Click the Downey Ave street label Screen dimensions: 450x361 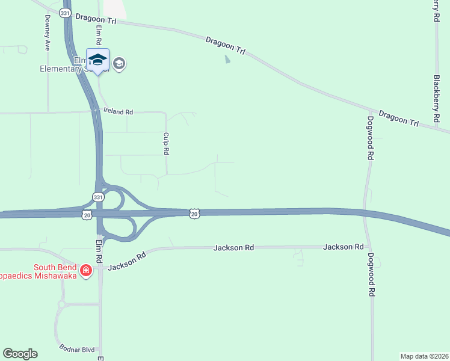pyautogui.click(x=46, y=32)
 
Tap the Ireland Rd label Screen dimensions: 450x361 pyautogui.click(x=118, y=112)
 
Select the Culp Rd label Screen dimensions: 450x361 pyautogui.click(x=165, y=144)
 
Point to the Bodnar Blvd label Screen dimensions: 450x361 pyautogui.click(x=78, y=348)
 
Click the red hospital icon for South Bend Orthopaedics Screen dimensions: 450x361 pyautogui.click(x=87, y=271)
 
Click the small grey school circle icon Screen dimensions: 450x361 pyautogui.click(x=119, y=64)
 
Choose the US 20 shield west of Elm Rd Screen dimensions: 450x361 pyautogui.click(x=87, y=214)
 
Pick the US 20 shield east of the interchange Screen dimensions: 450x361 pyautogui.click(x=193, y=213)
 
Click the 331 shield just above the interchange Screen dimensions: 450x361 pyautogui.click(x=97, y=197)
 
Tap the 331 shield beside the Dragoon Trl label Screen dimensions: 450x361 pyautogui.click(x=65, y=13)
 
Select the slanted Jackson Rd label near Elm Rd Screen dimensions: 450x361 pyautogui.click(x=127, y=261)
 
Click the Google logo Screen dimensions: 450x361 pyautogui.click(x=20, y=354)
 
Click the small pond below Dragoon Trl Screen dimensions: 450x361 pyautogui.click(x=227, y=60)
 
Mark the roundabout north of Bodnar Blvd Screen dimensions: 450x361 pyautogui.click(x=62, y=305)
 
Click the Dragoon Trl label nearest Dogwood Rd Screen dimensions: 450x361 pyautogui.click(x=398, y=117)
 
